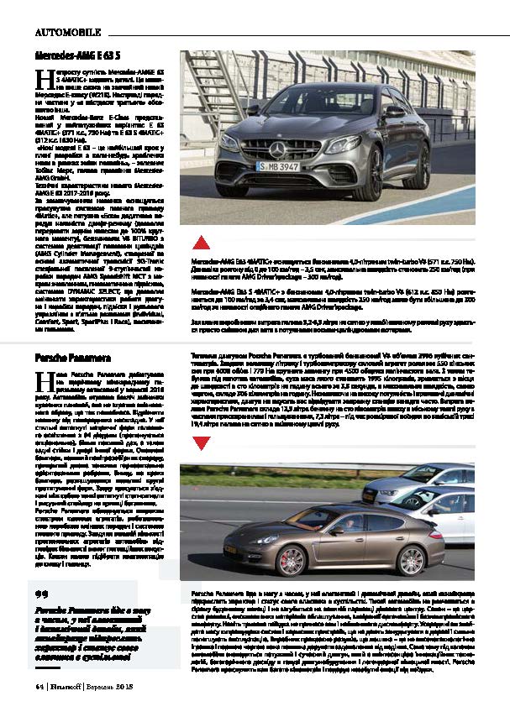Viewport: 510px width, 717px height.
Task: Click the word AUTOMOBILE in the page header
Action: [x=68, y=33]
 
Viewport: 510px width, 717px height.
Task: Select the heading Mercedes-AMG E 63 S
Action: [x=69, y=55]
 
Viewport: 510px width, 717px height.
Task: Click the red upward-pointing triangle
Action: [x=202, y=243]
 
